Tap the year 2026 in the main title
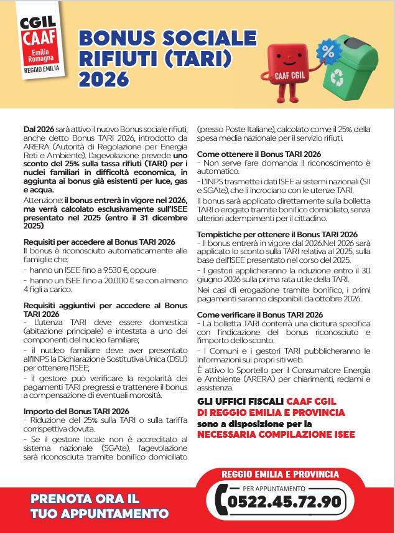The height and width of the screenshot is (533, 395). coord(103,79)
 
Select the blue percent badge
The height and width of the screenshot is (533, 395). coord(325,49)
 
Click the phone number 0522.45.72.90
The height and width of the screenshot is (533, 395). coord(284,501)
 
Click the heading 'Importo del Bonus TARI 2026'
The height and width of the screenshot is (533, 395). coord(76,411)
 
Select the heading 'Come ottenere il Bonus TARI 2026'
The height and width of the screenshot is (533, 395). coord(259,154)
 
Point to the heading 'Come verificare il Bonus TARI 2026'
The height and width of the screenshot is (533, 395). coord(260,314)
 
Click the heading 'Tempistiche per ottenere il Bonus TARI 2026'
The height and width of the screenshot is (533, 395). coord(277,234)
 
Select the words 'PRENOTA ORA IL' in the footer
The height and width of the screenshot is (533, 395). coord(93,499)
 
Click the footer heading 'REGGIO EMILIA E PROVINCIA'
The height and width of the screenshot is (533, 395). coord(281,474)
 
